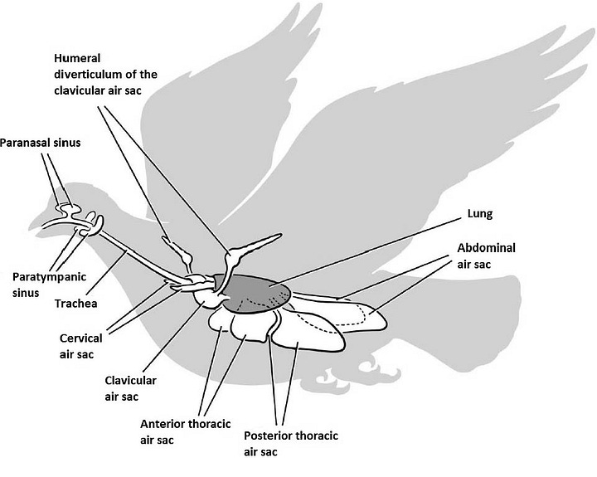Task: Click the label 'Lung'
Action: pos(480,214)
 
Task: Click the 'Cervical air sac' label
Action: pos(80,347)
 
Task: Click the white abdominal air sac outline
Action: pos(348,319)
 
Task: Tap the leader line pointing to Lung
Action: pos(373,250)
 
